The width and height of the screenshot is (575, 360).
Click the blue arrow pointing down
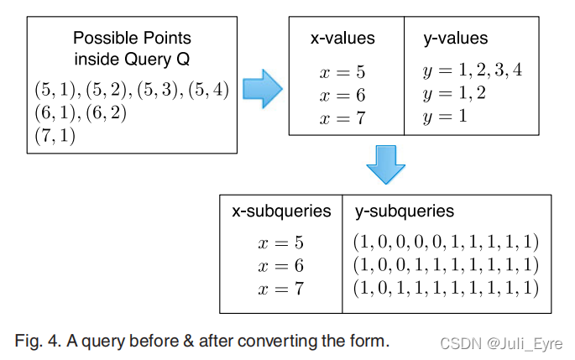click(385, 164)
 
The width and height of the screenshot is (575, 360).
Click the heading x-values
click(342, 39)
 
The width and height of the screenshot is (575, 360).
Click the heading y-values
click(457, 39)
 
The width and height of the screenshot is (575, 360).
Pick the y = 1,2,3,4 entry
click(473, 71)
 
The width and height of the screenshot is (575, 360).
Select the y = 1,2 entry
click(455, 93)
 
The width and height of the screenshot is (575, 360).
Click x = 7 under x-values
click(342, 118)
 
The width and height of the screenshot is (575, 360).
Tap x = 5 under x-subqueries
click(280, 243)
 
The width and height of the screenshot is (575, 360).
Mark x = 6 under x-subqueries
click(280, 266)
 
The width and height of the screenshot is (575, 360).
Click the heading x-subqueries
click(281, 211)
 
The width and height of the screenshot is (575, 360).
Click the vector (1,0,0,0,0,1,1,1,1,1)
click(446, 243)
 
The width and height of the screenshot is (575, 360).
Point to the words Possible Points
click(132, 38)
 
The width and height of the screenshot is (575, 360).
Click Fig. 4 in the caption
click(37, 342)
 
